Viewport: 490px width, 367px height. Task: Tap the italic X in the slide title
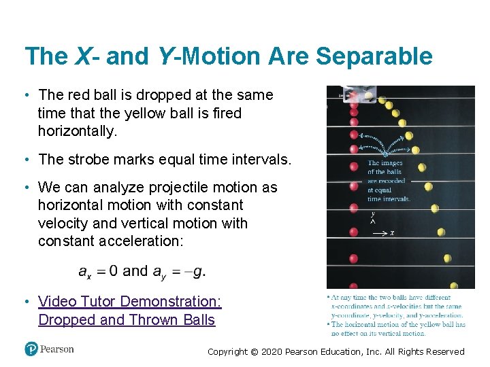tap(82, 56)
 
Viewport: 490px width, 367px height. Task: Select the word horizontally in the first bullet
tap(78, 130)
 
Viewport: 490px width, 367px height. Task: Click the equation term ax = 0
tap(98, 271)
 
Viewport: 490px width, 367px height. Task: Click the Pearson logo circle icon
tap(31, 349)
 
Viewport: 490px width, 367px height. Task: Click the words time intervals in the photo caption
tap(389, 199)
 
